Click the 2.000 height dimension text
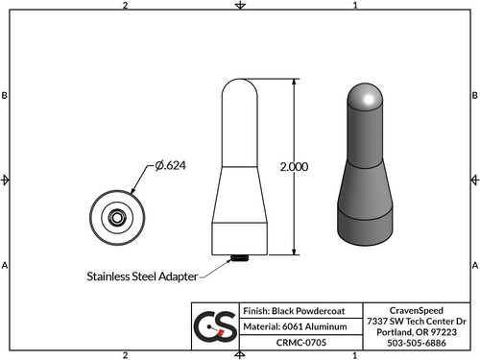pyautogui.click(x=292, y=166)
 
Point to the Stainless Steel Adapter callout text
pyautogui.click(x=140, y=276)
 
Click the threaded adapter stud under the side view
pyautogui.click(x=238, y=257)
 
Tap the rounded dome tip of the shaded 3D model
pyautogui.click(x=364, y=95)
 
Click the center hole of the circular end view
pyautogui.click(x=117, y=218)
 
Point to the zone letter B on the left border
pyautogui.click(x=6, y=96)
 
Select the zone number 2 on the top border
pyautogui.click(x=126, y=6)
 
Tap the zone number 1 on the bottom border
pyautogui.click(x=355, y=354)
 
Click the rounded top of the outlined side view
pyautogui.click(x=238, y=88)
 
